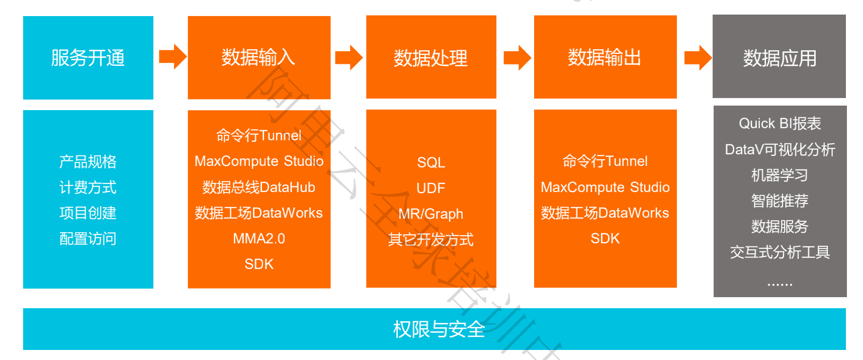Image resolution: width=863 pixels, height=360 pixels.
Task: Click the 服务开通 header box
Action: [88, 58]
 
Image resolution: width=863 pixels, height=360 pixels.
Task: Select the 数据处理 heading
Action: [430, 58]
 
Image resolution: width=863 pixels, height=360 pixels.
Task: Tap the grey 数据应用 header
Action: [779, 58]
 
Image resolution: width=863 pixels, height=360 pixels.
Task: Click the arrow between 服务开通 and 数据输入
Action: [172, 56]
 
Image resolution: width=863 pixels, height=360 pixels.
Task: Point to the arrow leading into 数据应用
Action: [698, 57]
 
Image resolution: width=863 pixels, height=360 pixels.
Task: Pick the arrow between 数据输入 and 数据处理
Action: [349, 57]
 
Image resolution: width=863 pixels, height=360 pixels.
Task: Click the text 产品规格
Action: [88, 162]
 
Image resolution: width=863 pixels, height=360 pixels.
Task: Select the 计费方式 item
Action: [88, 188]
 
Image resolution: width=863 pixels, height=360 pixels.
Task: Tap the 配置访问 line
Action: [88, 239]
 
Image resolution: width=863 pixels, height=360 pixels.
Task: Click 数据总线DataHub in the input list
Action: [258, 188]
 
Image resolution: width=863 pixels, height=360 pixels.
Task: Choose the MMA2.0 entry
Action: [258, 238]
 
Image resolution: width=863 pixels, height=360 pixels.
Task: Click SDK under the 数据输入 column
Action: [258, 264]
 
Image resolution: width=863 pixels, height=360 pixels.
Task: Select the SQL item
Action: [431, 162]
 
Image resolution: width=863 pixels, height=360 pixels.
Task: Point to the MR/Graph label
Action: [431, 214]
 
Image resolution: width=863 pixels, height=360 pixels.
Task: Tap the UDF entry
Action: [431, 188]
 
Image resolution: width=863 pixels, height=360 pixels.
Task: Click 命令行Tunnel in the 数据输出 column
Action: [605, 161]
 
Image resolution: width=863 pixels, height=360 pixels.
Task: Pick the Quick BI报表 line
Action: [780, 124]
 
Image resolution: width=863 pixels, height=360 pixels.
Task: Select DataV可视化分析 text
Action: [780, 149]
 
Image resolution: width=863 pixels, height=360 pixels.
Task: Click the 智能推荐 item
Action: [780, 201]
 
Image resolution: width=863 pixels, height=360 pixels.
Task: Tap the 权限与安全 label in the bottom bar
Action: [439, 329]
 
